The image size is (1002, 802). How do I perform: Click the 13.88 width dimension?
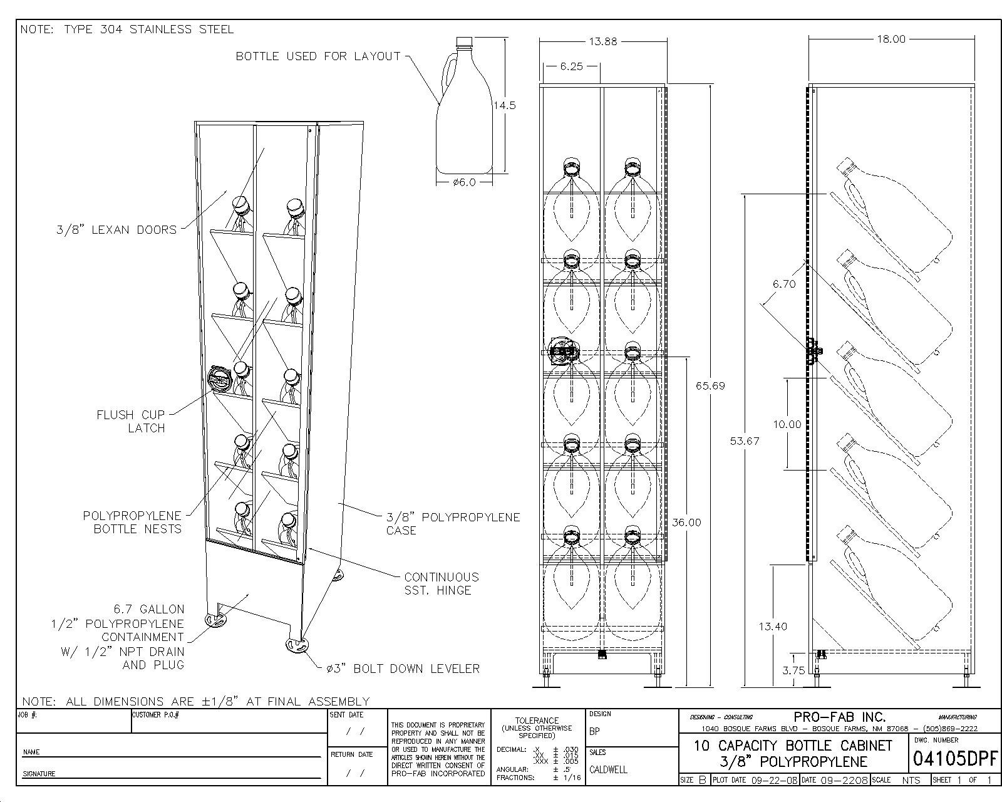tap(602, 42)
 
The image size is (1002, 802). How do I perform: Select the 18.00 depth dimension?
tap(891, 39)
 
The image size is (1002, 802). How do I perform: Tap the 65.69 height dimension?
tap(710, 386)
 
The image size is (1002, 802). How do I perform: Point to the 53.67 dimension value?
tap(745, 441)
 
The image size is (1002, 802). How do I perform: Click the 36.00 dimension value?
tap(686, 523)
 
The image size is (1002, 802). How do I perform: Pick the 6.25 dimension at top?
tap(571, 66)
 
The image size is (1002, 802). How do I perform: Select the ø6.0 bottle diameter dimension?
tap(464, 182)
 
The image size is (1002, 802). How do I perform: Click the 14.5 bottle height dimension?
tap(504, 105)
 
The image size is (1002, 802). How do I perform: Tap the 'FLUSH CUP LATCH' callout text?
tap(130, 422)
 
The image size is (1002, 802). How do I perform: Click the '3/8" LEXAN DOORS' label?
tap(116, 230)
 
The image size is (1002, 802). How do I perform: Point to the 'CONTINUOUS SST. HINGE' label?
tap(441, 583)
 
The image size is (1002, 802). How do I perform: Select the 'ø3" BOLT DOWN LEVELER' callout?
tap(403, 669)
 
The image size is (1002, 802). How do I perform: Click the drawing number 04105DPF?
tap(954, 759)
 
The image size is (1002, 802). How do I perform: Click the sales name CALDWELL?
tap(607, 769)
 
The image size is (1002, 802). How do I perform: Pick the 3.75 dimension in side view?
tap(793, 670)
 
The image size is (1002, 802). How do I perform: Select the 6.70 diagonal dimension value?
tap(783, 284)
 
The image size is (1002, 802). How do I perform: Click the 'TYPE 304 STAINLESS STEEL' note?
tap(127, 29)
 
